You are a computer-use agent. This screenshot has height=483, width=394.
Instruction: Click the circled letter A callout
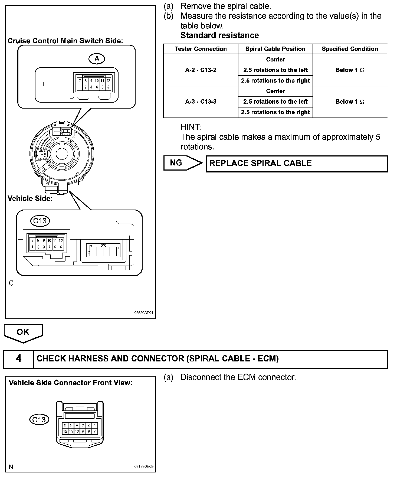(x=97, y=59)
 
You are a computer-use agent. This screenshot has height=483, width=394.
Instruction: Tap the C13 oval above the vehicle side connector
(x=40, y=221)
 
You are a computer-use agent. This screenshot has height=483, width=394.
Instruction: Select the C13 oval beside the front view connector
(x=39, y=419)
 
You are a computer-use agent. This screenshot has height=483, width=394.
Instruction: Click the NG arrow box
(x=182, y=163)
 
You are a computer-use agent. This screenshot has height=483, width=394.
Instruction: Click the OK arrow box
(x=23, y=332)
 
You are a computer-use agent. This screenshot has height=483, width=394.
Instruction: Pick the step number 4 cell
(x=18, y=359)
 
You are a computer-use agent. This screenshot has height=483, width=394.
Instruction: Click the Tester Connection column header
(x=201, y=49)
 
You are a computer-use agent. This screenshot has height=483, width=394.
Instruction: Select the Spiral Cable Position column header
(x=275, y=49)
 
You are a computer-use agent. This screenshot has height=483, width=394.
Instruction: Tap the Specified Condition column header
(x=350, y=49)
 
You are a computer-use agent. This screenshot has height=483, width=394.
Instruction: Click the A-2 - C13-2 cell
(x=201, y=70)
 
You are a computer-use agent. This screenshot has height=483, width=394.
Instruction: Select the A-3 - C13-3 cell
(x=201, y=102)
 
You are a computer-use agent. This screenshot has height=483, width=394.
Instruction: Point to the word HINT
(x=191, y=127)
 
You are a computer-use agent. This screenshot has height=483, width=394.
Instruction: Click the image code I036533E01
(x=143, y=313)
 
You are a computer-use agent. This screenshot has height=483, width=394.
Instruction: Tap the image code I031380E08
(x=143, y=466)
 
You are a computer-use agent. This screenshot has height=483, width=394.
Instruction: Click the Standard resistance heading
(x=219, y=35)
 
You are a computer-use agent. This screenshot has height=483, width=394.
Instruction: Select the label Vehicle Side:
(x=30, y=198)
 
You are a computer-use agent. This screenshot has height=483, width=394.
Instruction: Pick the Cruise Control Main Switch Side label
(x=65, y=41)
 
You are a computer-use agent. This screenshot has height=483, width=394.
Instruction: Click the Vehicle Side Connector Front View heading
(x=71, y=383)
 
